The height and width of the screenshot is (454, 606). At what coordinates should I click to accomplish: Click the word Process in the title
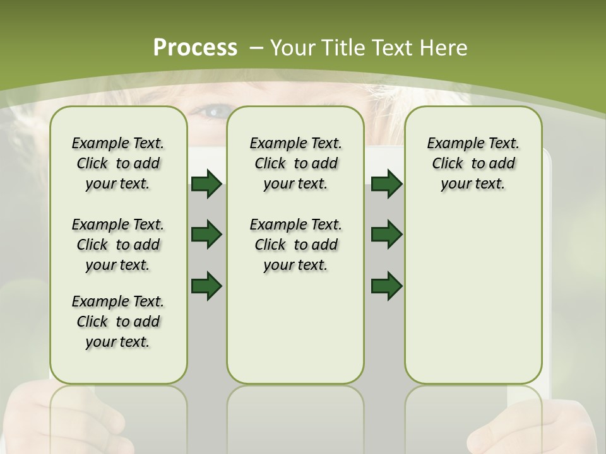pyautogui.click(x=195, y=47)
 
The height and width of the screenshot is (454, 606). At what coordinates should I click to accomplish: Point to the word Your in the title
pyautogui.click(x=294, y=47)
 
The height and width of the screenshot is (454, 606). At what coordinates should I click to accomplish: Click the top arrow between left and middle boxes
pyautogui.click(x=206, y=184)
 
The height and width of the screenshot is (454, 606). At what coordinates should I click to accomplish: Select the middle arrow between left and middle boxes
pyautogui.click(x=206, y=235)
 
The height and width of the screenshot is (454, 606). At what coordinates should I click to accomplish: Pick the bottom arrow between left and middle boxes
pyautogui.click(x=206, y=286)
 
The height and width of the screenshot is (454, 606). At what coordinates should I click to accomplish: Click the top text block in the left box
pyautogui.click(x=118, y=164)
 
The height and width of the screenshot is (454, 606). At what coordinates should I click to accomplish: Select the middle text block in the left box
pyautogui.click(x=118, y=245)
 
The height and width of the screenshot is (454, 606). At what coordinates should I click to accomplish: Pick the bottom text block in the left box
pyautogui.click(x=118, y=322)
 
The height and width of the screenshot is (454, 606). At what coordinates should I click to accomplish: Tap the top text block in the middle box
pyautogui.click(x=295, y=164)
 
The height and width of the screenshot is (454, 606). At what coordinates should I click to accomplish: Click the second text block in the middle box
pyautogui.click(x=295, y=245)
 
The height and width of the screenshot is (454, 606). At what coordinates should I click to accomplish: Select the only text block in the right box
pyautogui.click(x=473, y=164)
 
